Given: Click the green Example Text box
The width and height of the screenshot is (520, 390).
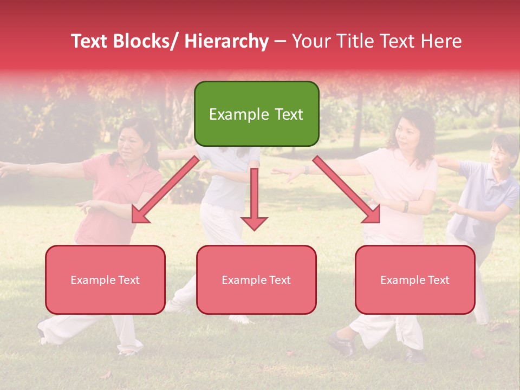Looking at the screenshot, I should (x=256, y=114).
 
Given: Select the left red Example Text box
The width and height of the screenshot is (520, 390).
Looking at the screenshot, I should (x=105, y=279).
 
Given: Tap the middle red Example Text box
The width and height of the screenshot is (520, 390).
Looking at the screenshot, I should (x=256, y=279).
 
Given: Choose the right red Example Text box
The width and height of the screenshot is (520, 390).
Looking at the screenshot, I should (x=415, y=279).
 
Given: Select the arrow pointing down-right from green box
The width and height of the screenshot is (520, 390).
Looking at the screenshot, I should (x=347, y=190).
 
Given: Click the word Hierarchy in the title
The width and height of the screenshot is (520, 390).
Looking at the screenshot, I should (x=226, y=41).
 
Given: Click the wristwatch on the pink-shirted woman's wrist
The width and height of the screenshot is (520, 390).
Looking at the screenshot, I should (x=405, y=206).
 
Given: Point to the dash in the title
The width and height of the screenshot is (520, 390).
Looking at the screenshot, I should (x=280, y=41).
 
